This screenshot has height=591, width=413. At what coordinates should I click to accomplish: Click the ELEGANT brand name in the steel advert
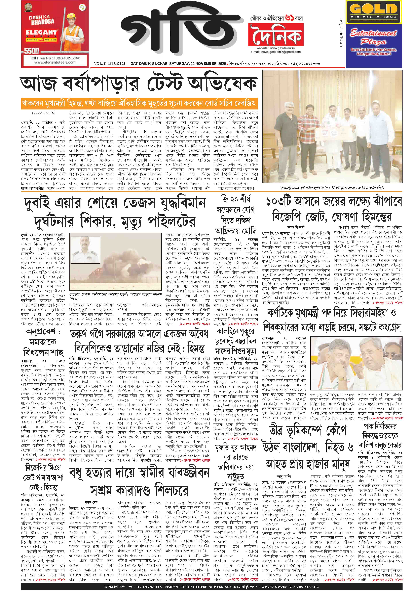pyautogui.click(x=41, y=32)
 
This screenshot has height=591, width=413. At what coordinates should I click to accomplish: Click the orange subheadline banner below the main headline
pyautogui.click(x=139, y=103)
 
